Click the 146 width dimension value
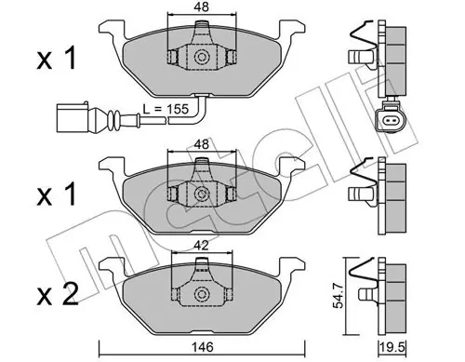pos(203,347)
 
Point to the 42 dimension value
pos(202,246)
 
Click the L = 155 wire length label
pos(166,109)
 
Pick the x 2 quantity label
pos(57,295)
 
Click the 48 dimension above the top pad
pos(202,7)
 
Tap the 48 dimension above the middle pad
pos(202,144)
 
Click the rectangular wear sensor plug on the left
pos(72,118)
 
